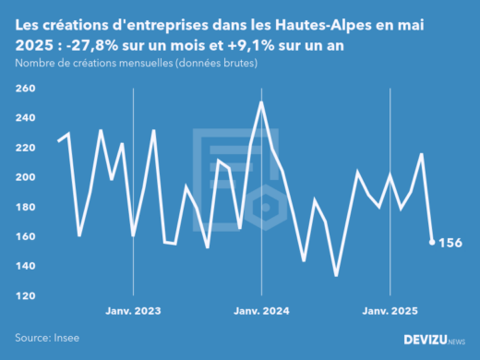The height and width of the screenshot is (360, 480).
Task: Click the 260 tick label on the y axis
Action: click(x=25, y=89)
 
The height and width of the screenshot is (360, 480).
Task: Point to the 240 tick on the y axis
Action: click(x=25, y=118)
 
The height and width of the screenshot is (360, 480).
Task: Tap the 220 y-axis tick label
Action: click(x=25, y=148)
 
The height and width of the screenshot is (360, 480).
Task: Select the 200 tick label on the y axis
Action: click(x=25, y=177)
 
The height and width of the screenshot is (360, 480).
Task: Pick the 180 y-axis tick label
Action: click(x=25, y=207)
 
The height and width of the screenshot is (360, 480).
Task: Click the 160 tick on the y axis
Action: click(x=25, y=236)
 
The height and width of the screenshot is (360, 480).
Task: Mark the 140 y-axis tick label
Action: click(x=25, y=266)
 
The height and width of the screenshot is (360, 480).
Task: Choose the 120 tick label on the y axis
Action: click(x=25, y=295)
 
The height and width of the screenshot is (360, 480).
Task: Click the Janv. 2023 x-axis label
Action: click(x=134, y=311)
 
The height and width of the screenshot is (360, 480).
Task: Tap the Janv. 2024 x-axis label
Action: click(x=262, y=311)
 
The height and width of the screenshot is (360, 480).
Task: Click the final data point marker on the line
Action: click(x=432, y=242)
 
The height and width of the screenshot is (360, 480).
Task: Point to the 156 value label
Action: click(x=451, y=243)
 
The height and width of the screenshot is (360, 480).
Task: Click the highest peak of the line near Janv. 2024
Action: click(x=262, y=102)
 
